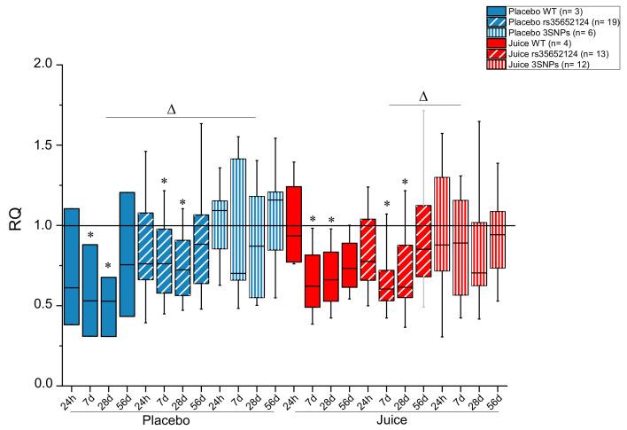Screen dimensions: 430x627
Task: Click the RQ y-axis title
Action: click(15, 226)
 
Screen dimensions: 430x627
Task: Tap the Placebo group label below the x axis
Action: click(167, 418)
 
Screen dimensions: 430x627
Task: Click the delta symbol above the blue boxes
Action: click(172, 109)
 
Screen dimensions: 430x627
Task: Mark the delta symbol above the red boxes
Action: click(422, 96)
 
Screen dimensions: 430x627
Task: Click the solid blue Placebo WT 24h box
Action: click(72, 266)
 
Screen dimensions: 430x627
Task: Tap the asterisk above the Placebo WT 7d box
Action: click(90, 236)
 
